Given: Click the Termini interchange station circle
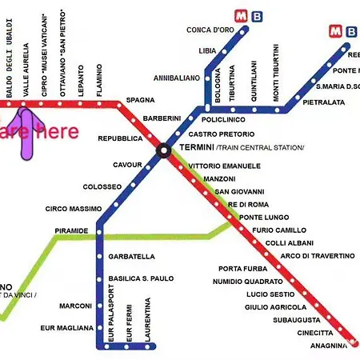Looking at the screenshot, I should [163, 149].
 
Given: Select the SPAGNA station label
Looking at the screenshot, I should [140, 100].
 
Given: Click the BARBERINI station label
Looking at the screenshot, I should [162, 118].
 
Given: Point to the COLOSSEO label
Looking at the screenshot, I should [102, 186].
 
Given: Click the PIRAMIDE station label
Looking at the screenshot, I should [71, 230].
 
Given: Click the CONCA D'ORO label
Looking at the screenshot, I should [210, 30].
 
